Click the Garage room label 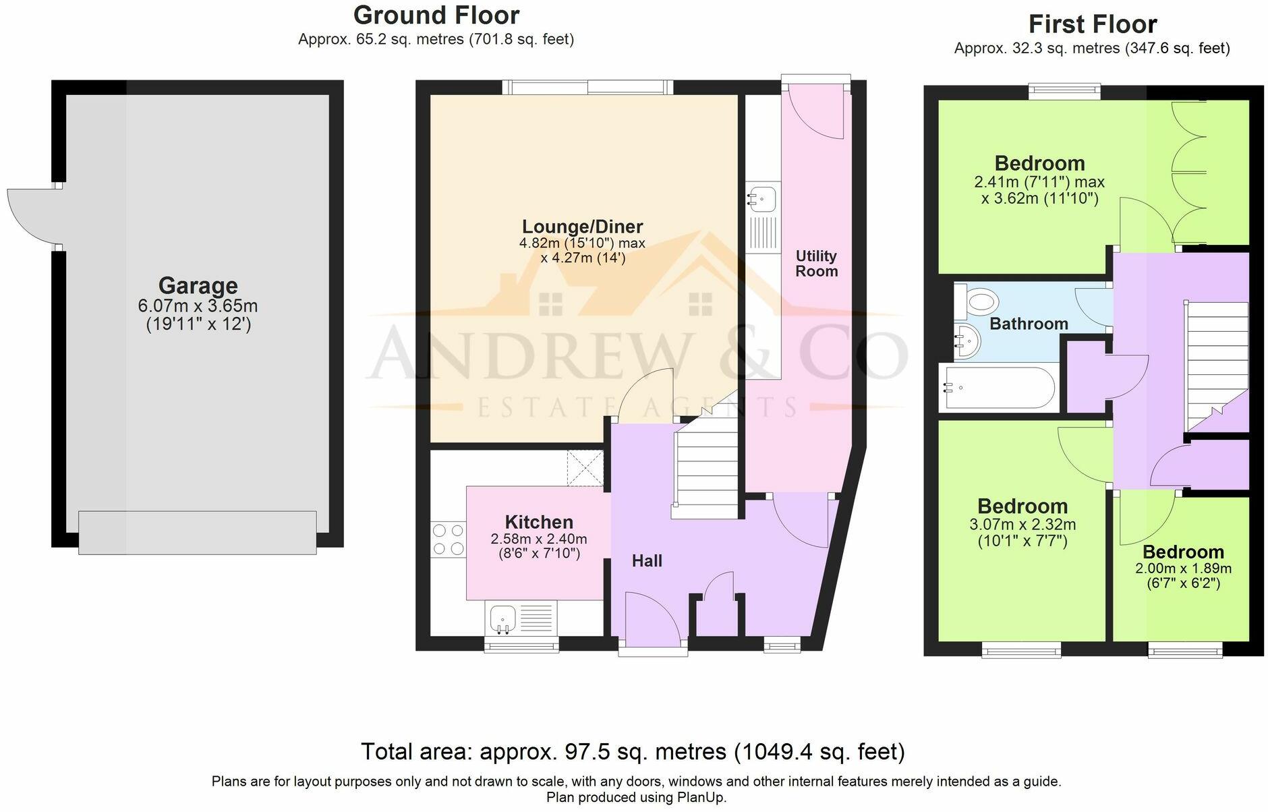point(198,286)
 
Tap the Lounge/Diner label point(583,227)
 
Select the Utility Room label point(816,264)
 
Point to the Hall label point(647,560)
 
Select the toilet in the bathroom point(975,301)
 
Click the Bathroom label point(1029,324)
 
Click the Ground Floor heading point(436,15)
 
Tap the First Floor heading point(1093,24)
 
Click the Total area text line point(633,751)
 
